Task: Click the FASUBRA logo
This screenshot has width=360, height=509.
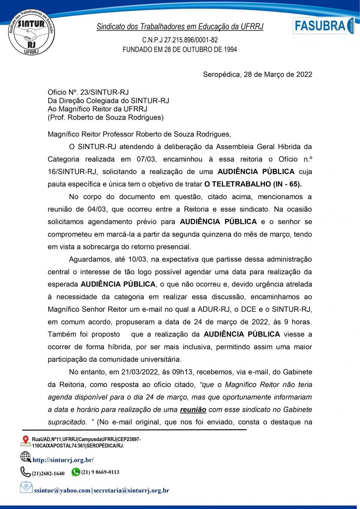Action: coord(323,26)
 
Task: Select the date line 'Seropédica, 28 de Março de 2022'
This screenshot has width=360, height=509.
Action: coord(258,75)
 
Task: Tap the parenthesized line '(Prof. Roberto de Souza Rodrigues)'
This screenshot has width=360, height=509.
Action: coord(106,117)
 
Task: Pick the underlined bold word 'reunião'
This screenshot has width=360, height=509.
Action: coord(193,409)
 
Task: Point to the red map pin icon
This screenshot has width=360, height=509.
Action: coord(25,441)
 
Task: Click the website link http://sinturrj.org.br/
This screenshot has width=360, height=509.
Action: coord(63,460)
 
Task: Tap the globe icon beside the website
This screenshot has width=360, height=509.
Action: coord(25,457)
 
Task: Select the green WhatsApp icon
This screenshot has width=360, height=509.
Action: coord(76,472)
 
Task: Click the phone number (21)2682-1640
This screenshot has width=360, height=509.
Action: coord(48,473)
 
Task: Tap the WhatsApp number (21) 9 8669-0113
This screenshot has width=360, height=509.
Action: coord(100,472)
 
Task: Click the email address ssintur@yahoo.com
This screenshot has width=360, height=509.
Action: coord(62,490)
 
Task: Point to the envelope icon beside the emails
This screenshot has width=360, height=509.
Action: coord(26,487)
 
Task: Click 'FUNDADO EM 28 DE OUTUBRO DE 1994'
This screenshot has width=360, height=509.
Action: coord(180,49)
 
